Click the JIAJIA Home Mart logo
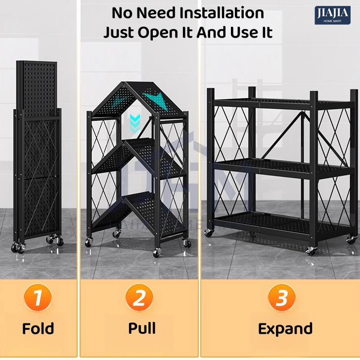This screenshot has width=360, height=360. [x=332, y=15]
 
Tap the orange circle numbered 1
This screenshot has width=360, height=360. [x=38, y=298]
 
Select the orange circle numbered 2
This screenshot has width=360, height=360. [x=139, y=298]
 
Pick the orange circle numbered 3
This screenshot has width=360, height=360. [x=282, y=298]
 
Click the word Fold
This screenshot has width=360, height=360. [x=38, y=328]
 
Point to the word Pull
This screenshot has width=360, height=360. [x=142, y=328]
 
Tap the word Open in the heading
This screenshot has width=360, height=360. [x=158, y=33]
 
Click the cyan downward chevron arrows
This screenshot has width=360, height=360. [x=135, y=123]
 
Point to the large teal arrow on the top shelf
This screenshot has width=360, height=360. [x=157, y=100]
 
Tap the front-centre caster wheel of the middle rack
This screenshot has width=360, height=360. [x=157, y=252]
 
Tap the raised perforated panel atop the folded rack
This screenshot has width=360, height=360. [x=37, y=89]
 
